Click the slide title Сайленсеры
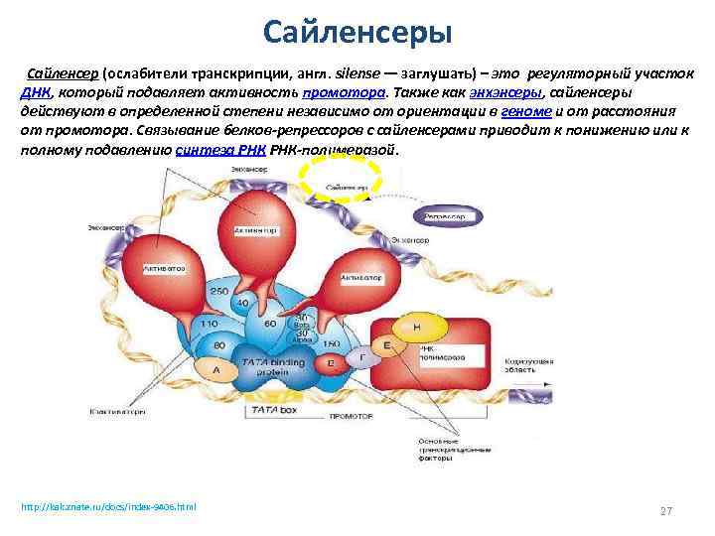[x=357, y=32]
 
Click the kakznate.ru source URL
[x=108, y=507]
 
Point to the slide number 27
[x=666, y=510]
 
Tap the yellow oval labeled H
[x=417, y=327]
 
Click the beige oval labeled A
[x=215, y=368]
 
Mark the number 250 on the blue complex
[x=218, y=291]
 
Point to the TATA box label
[x=270, y=408]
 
